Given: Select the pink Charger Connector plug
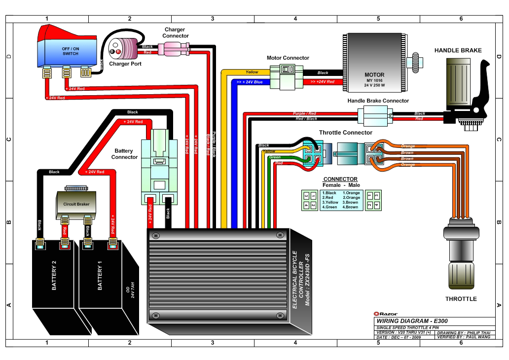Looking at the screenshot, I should pyautogui.click(x=175, y=49).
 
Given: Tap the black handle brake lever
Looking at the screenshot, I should pyautogui.click(x=481, y=94).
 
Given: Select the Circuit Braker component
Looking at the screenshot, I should pyautogui.click(x=76, y=203).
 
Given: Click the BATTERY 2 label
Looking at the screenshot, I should pyautogui.click(x=54, y=279).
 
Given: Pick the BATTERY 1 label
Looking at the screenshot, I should pyautogui.click(x=100, y=279).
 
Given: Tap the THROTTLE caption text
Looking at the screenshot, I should pyautogui.click(x=461, y=299).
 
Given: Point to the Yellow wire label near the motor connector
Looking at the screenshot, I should pyautogui.click(x=252, y=72).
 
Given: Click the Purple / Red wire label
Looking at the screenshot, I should pyautogui.click(x=304, y=113).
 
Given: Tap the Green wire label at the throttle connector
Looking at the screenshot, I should pyautogui.click(x=275, y=157).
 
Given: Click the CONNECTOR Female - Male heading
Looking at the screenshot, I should pyautogui.click(x=340, y=182).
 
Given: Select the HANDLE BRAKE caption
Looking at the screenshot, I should pyautogui.click(x=458, y=50).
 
